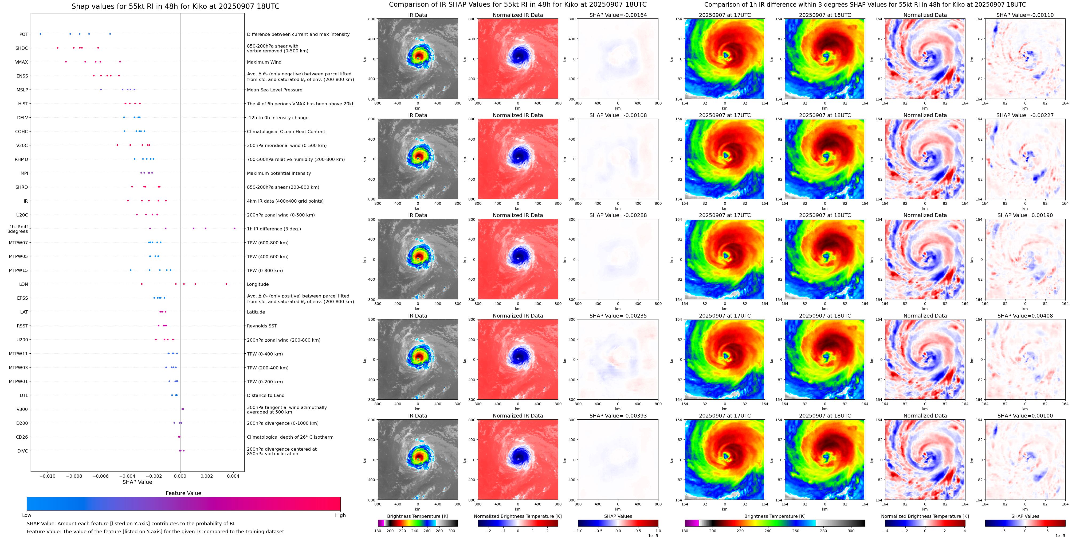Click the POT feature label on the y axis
point(24,34)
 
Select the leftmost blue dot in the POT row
point(40,34)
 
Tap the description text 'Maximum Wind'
point(264,62)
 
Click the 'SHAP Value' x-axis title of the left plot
point(137,482)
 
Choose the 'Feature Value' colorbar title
point(183,493)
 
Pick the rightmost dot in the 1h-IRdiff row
point(235,228)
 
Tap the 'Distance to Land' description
point(265,395)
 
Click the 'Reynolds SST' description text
point(262,326)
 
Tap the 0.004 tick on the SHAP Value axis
point(233,476)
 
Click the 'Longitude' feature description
point(258,284)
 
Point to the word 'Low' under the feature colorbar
point(27,515)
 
